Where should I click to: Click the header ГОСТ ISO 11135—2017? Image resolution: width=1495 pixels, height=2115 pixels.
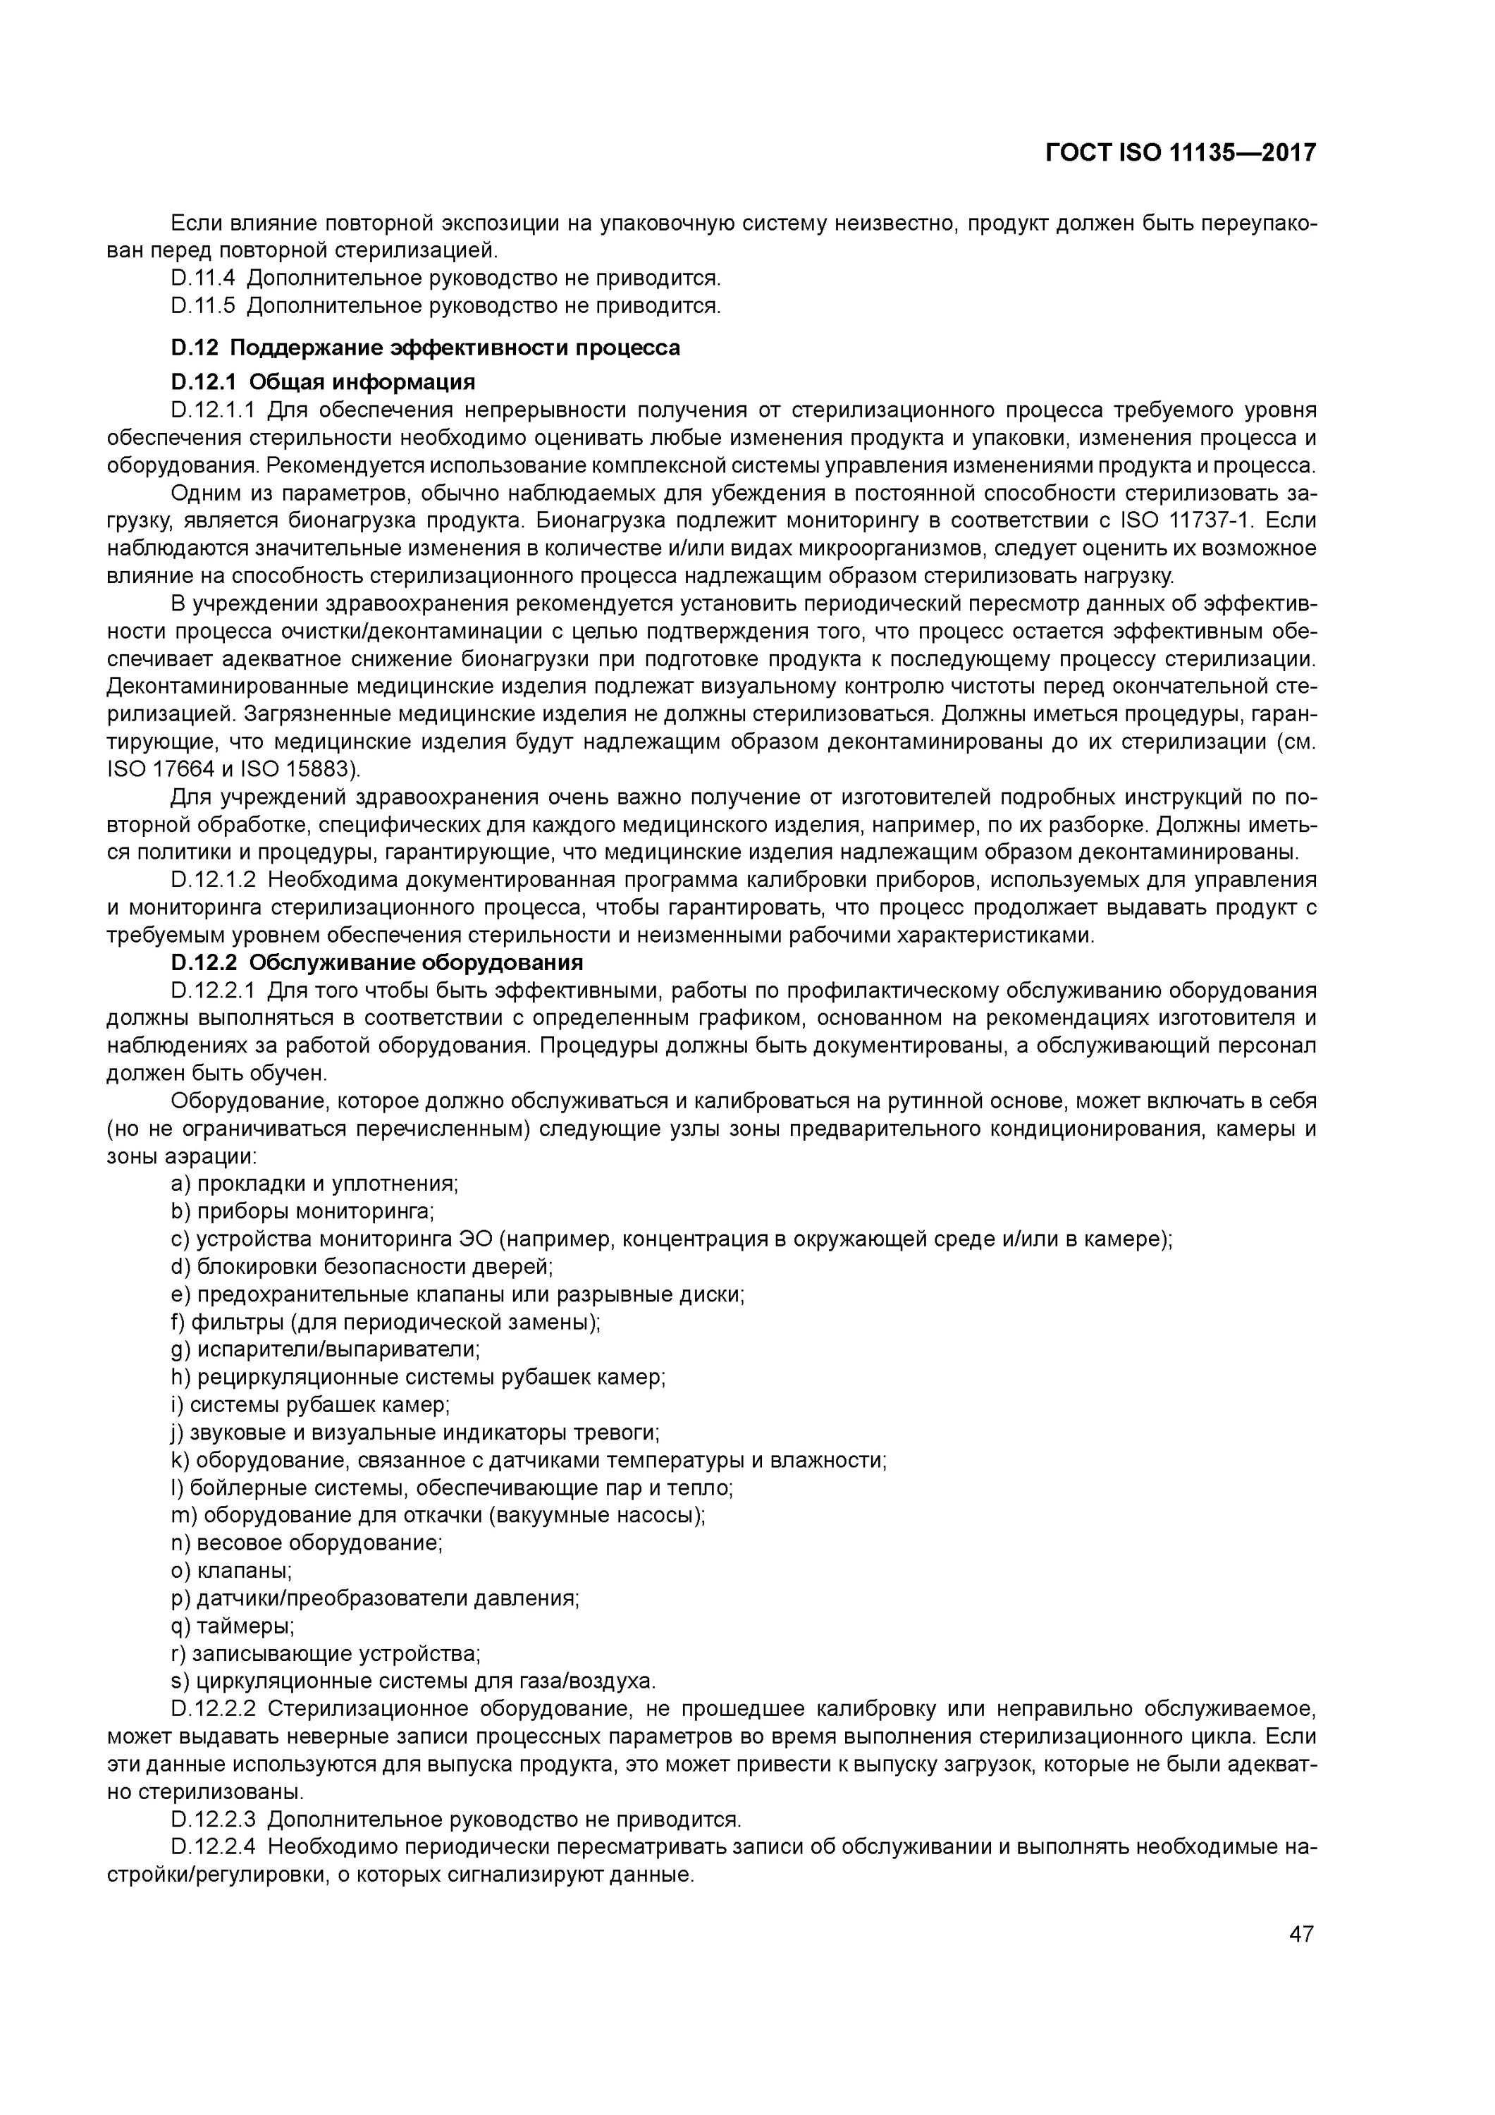pyautogui.click(x=1180, y=152)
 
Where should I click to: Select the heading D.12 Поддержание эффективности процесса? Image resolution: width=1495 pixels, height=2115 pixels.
pyautogui.click(x=426, y=348)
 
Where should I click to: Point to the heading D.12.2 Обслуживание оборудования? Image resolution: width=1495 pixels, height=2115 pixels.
pyautogui.click(x=378, y=962)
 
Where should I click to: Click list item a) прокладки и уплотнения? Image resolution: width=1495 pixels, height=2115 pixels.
pyautogui.click(x=314, y=1184)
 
